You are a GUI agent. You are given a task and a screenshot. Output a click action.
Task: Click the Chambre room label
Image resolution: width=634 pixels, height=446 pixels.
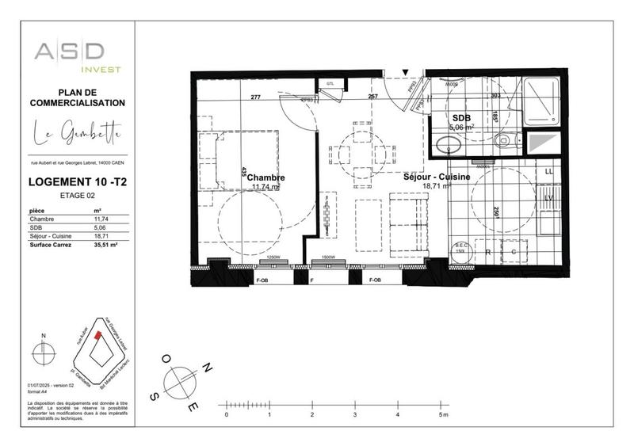click(x=265, y=178)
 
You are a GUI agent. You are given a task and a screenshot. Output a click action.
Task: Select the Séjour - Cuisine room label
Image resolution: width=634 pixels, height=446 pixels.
click(x=437, y=177)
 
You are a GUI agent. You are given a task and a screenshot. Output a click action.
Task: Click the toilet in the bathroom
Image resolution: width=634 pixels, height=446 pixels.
click(x=505, y=142)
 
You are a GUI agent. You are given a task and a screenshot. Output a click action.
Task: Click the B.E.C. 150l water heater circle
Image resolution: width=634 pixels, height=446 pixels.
click(x=461, y=249)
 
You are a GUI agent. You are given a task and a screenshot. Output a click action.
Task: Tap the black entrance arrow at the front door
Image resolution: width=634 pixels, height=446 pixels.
click(x=407, y=73)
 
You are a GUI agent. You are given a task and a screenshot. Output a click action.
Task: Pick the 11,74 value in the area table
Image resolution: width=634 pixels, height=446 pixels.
click(x=101, y=218)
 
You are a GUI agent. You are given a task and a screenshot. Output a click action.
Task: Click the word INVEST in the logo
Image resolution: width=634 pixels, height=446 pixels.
click(x=103, y=69)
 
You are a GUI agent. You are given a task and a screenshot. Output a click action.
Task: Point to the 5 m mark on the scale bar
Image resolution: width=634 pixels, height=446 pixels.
click(x=441, y=414)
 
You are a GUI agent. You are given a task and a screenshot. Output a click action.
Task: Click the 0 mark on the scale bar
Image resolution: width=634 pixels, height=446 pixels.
click(x=227, y=414)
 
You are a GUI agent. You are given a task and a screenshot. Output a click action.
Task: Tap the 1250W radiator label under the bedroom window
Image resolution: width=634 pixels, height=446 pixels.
click(x=273, y=258)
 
